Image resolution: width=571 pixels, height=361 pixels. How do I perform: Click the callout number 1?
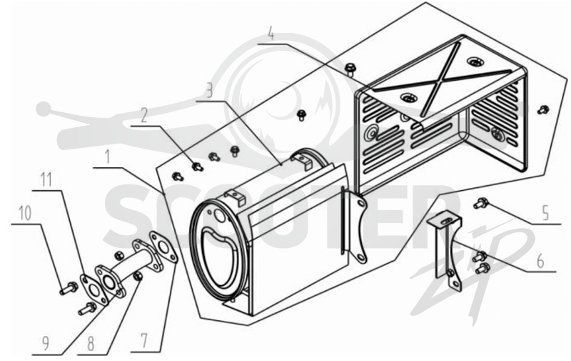(x=108, y=157)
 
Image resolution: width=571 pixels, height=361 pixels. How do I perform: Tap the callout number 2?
(x=144, y=116)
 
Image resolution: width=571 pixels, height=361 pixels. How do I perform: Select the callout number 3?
(x=208, y=90)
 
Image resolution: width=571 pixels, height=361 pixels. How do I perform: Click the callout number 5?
(x=545, y=212)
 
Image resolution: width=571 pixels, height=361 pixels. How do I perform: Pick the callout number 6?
(x=540, y=261)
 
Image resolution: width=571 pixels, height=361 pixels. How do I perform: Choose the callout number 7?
(x=144, y=341)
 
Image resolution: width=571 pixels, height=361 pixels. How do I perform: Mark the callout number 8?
(x=91, y=343)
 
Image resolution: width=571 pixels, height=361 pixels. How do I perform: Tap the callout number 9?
(x=46, y=343)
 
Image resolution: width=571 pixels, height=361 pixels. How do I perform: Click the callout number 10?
(x=25, y=213)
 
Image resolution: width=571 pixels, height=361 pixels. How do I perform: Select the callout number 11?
(x=46, y=179)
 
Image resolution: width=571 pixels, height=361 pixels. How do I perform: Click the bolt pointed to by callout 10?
(x=69, y=288)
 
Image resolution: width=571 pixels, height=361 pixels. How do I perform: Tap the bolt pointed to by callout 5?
(x=481, y=203)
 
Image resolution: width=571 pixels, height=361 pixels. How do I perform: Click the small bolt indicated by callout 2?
(x=198, y=167)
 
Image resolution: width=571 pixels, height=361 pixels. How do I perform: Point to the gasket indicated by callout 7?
(x=163, y=247)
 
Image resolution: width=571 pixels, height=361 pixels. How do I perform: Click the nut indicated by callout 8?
(x=138, y=277)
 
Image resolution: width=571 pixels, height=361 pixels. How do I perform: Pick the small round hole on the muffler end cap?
(x=221, y=216)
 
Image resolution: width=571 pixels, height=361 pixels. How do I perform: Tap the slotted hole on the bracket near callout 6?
(x=445, y=222)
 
